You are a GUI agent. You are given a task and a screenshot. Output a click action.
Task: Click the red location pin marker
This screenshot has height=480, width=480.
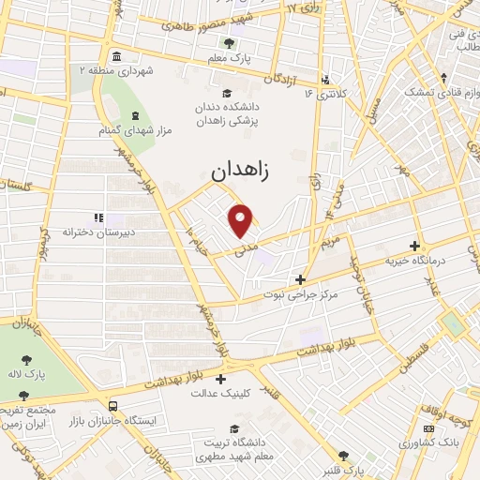(242, 219)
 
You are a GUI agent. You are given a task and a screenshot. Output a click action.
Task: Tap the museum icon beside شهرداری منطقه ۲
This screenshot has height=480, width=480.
(114, 54)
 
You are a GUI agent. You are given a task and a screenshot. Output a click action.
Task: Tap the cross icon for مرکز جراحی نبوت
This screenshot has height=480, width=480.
(300, 278)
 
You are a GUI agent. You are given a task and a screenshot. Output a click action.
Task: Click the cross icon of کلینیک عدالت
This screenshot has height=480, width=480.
(220, 379)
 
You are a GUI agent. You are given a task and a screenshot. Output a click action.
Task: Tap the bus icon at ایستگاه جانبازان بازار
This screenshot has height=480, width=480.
(113, 407)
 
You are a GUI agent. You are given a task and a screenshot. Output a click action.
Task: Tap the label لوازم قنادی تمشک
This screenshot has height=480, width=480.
(441, 92)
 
